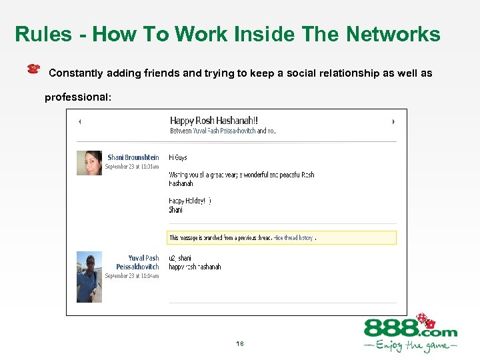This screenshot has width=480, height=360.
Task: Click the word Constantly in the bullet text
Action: pos(75,73)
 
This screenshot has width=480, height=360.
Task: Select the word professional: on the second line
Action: pos(78,97)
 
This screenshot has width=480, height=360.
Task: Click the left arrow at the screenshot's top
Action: pos(80,121)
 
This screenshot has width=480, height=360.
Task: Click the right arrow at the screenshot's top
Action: pos(393,121)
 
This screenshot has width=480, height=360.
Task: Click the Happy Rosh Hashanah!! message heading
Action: pos(214,121)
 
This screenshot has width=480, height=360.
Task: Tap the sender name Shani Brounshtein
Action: pos(133,157)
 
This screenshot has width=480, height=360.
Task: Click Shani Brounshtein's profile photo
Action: pos(89,163)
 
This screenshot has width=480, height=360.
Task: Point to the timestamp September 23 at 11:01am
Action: pos(132,166)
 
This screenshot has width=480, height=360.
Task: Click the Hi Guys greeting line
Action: pos(178,158)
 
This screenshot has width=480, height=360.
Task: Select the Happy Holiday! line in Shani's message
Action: pos(189,200)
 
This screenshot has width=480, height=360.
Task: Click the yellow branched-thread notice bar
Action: pos(281,237)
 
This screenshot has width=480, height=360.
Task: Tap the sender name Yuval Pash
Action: pos(143,258)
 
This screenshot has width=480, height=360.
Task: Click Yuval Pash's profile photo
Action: pos(89,276)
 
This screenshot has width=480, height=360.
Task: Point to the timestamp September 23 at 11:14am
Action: pos(132,275)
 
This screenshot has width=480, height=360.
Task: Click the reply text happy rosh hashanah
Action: pos(195,267)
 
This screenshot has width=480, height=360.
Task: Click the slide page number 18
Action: pos(240,344)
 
